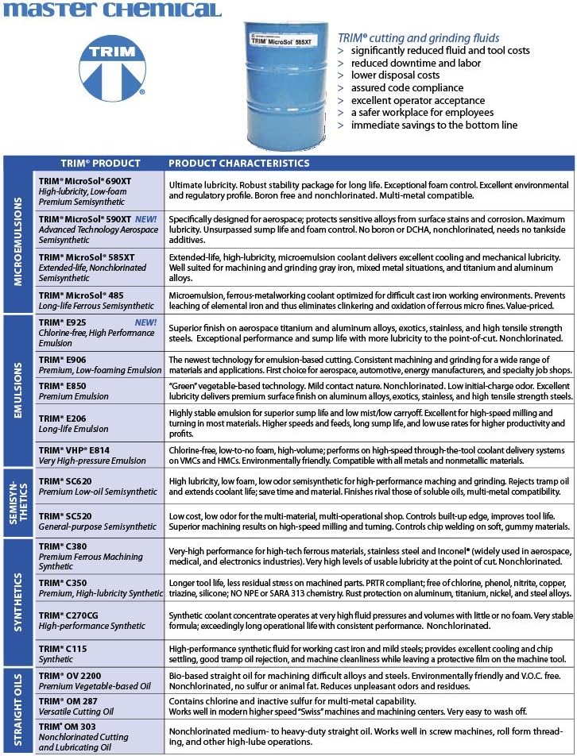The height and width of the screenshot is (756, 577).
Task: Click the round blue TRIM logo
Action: tap(112, 67)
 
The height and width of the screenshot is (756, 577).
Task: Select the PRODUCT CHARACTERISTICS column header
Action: tap(238, 163)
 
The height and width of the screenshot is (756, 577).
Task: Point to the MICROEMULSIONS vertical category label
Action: tap(17, 241)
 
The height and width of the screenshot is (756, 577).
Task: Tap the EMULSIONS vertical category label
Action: tap(17, 390)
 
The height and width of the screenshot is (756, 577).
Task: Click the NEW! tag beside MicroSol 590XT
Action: tap(146, 218)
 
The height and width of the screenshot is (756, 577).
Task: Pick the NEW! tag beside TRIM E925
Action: tap(146, 322)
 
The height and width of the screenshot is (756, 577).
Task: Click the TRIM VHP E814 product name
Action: tap(74, 449)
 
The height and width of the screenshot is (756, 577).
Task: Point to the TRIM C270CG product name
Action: tap(70, 615)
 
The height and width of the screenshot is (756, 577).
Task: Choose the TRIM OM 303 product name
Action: tap(69, 727)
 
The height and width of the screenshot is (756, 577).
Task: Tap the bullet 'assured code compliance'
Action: tap(407, 88)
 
